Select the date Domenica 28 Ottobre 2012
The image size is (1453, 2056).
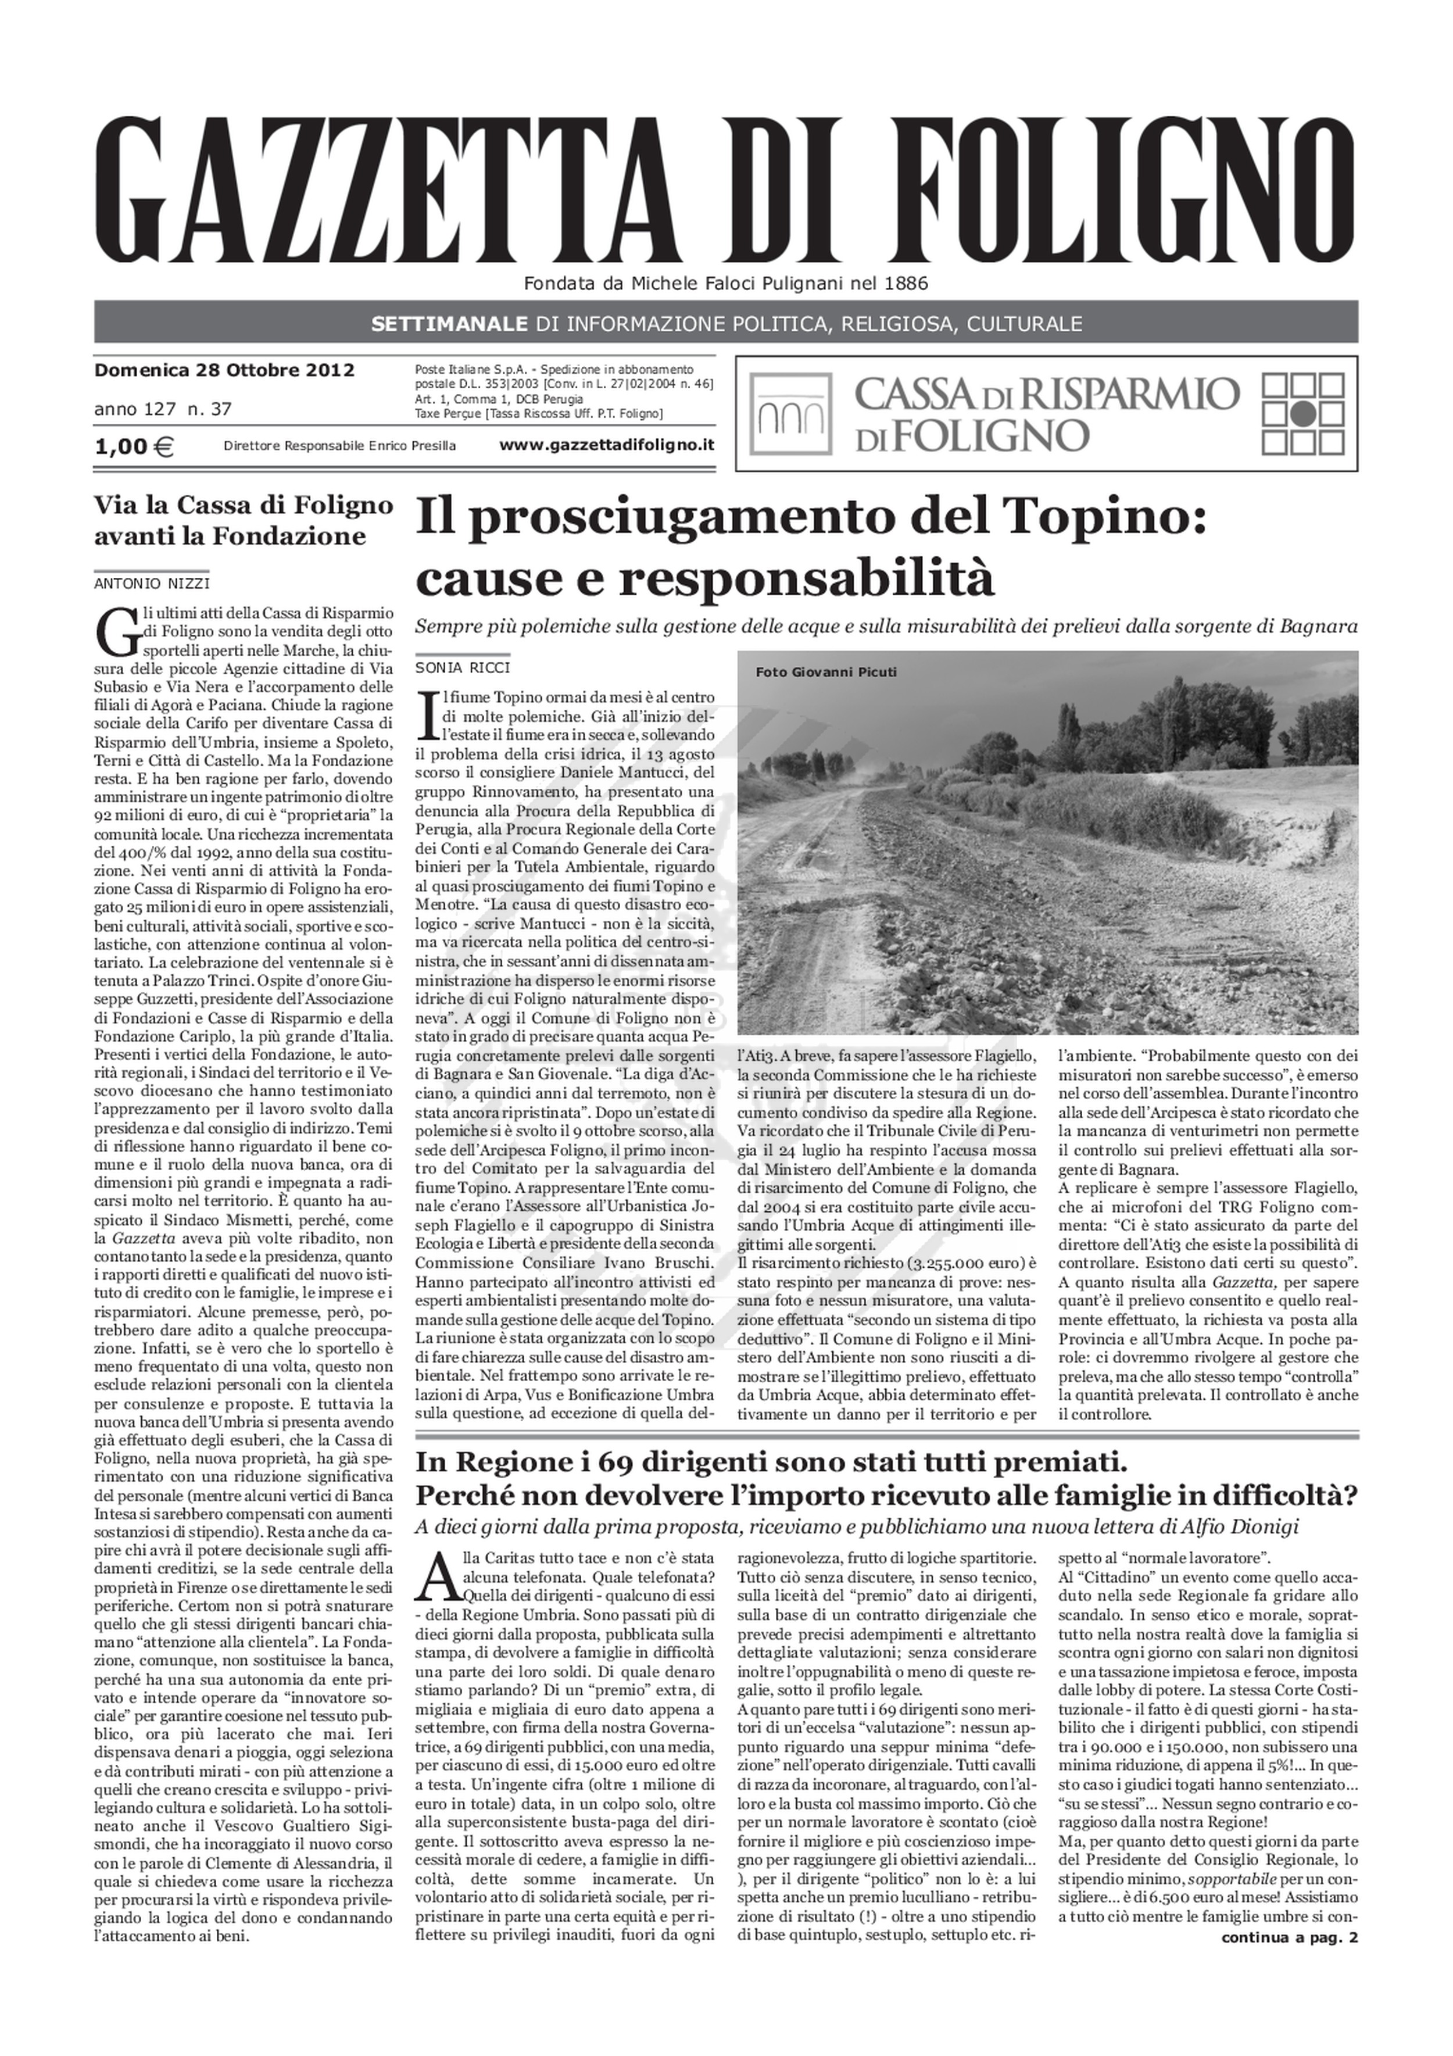224,370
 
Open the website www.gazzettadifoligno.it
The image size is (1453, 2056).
606,445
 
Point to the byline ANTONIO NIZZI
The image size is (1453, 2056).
152,584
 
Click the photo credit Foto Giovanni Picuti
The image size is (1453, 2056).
825,673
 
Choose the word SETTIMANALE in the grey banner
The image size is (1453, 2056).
449,323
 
